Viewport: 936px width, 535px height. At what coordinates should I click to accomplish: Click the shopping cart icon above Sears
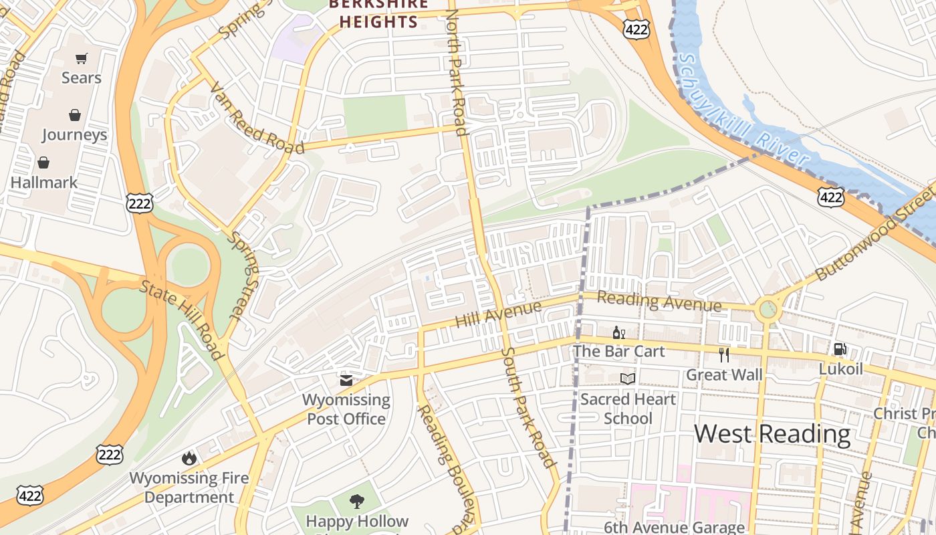(x=81, y=59)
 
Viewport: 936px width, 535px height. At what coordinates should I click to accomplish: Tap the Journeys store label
(x=74, y=134)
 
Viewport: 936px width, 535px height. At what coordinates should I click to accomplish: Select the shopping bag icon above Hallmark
(x=43, y=163)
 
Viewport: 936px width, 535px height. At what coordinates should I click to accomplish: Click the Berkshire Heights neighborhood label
(x=378, y=13)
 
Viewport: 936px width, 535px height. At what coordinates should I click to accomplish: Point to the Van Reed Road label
(x=256, y=118)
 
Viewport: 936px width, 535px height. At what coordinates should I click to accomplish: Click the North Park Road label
(x=455, y=74)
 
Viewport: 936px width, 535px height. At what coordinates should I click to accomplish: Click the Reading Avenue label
(x=659, y=301)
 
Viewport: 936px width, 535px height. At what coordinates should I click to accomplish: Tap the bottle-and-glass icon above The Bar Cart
(x=618, y=332)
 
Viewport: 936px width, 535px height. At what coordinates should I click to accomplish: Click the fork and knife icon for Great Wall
(x=723, y=354)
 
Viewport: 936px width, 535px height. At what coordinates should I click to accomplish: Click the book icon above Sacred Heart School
(x=627, y=379)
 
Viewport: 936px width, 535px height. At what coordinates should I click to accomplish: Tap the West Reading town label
(x=772, y=433)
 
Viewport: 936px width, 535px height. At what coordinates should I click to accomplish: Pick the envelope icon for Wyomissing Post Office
(x=346, y=381)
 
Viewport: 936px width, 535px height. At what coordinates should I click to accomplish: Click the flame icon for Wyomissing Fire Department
(x=189, y=458)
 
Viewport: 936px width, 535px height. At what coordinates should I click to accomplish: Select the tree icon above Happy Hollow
(x=357, y=501)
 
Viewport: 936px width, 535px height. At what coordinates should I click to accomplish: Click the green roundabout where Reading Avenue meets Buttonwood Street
(x=768, y=310)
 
